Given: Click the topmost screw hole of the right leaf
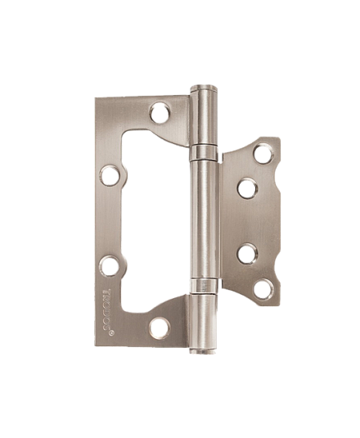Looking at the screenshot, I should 262,154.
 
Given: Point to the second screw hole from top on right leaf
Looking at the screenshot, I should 246,188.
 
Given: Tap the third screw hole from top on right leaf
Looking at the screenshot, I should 246,254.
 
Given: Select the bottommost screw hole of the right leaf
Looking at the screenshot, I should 262,287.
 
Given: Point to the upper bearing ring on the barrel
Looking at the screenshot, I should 205,153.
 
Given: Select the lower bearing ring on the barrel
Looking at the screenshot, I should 205,286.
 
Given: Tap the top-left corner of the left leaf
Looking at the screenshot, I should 96,100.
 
